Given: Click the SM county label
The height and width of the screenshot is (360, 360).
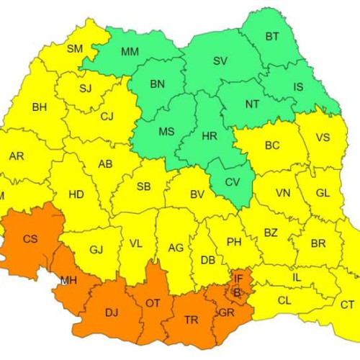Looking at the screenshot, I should pos(75,49).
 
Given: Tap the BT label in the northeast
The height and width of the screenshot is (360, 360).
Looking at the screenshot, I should pos(273,36).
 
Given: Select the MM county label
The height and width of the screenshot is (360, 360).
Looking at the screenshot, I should pos(130,52).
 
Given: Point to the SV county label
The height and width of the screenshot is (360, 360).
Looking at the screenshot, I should pos(220,60).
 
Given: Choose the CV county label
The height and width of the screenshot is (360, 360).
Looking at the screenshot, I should pos(233,182).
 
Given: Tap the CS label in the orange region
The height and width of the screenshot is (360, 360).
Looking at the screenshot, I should pos(31,238).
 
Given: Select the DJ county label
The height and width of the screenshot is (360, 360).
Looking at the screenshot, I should pos(112,312).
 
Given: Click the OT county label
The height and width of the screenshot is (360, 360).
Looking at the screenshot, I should pos(153,303).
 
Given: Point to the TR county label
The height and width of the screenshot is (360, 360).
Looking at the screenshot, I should pos(192,320).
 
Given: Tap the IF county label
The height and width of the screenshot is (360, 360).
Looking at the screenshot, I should pos(238,276).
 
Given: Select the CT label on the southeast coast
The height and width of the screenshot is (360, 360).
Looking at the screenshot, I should pos(347,304).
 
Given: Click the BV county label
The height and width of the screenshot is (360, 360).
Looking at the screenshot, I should pos(197,194).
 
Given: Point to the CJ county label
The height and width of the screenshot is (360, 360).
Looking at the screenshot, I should pos(107,116).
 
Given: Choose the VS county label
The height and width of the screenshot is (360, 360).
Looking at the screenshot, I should pos(323,138).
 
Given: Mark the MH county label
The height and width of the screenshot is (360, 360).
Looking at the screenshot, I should pos(69,279).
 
